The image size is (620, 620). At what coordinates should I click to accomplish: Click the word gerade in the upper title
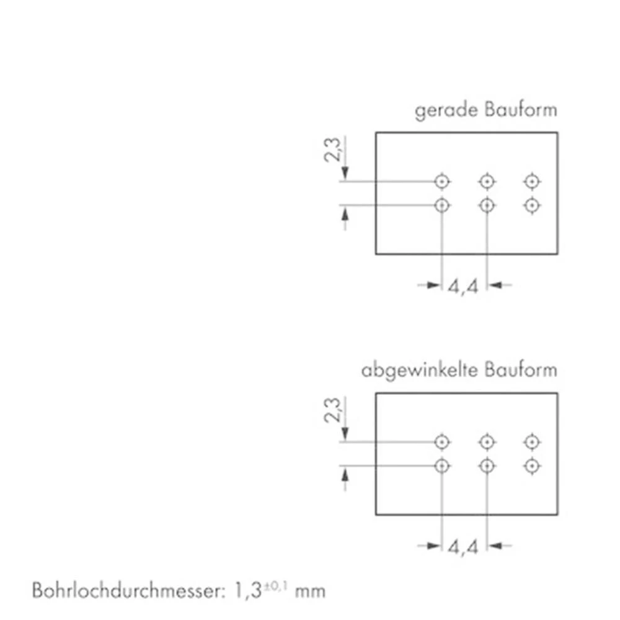click(438, 111)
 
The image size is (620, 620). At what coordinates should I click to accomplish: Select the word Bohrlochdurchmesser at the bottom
click(125, 590)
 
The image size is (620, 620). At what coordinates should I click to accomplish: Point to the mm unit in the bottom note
click(310, 591)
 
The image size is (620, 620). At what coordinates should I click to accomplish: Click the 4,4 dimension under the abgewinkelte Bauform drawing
click(463, 547)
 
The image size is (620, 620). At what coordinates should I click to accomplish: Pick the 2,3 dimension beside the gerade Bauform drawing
click(332, 150)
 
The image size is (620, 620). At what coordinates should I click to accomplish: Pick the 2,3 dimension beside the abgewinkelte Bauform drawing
click(332, 410)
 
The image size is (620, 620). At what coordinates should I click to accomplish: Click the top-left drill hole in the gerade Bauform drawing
click(441, 181)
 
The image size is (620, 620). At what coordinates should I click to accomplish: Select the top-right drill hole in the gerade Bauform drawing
click(531, 181)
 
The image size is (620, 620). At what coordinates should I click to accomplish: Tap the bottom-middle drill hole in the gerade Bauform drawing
click(487, 205)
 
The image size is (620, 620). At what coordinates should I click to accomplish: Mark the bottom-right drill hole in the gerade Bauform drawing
click(531, 205)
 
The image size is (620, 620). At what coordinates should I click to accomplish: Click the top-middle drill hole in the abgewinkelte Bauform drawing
click(487, 442)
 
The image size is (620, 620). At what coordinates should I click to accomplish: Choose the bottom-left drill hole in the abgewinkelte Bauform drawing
click(441, 466)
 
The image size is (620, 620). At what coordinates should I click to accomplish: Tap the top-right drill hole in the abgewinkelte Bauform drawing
click(531, 442)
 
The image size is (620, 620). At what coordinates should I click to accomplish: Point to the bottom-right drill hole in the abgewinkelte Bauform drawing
click(531, 466)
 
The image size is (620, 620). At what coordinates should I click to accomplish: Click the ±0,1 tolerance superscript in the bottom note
click(277, 584)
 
